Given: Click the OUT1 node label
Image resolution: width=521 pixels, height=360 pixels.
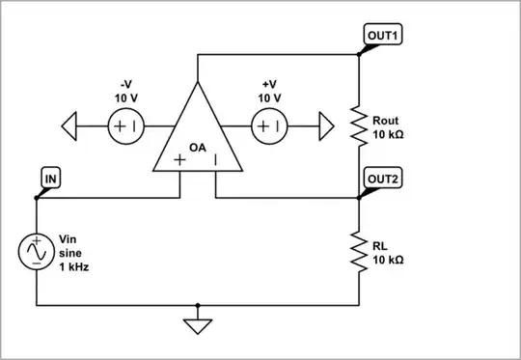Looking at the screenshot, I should (383, 35).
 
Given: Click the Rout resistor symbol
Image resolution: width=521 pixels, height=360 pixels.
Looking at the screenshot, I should (359, 125).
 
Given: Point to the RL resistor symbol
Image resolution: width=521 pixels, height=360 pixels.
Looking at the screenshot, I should (359, 253).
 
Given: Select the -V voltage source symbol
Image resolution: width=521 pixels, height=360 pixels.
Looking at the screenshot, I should (124, 125).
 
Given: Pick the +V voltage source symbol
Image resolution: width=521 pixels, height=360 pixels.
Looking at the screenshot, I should (269, 125).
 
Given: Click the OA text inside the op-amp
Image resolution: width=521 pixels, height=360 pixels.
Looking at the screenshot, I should (198, 148).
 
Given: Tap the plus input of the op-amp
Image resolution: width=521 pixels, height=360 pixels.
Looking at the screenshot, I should (179, 160).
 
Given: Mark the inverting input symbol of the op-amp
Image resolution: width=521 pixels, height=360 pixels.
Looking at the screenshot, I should (216, 160).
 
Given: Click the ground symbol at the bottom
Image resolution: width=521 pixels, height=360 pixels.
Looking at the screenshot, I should (198, 324).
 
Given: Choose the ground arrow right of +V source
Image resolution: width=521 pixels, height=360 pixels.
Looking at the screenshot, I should (322, 125).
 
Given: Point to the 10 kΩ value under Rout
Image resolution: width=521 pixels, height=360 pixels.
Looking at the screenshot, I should (388, 135).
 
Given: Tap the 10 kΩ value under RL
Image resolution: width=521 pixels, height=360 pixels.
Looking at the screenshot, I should (388, 261).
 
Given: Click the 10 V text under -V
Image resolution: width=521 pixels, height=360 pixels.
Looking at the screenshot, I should (124, 98).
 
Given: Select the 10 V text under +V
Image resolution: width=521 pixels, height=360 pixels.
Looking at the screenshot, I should (269, 98).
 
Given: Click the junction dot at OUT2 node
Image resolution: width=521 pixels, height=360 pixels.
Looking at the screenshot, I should (359, 198).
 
